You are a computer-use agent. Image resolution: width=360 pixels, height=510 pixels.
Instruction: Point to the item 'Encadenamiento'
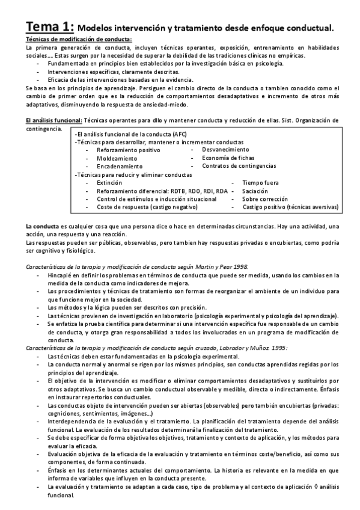point(120,165)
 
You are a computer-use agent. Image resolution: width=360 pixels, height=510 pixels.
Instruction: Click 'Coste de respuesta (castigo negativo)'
point(147,207)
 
